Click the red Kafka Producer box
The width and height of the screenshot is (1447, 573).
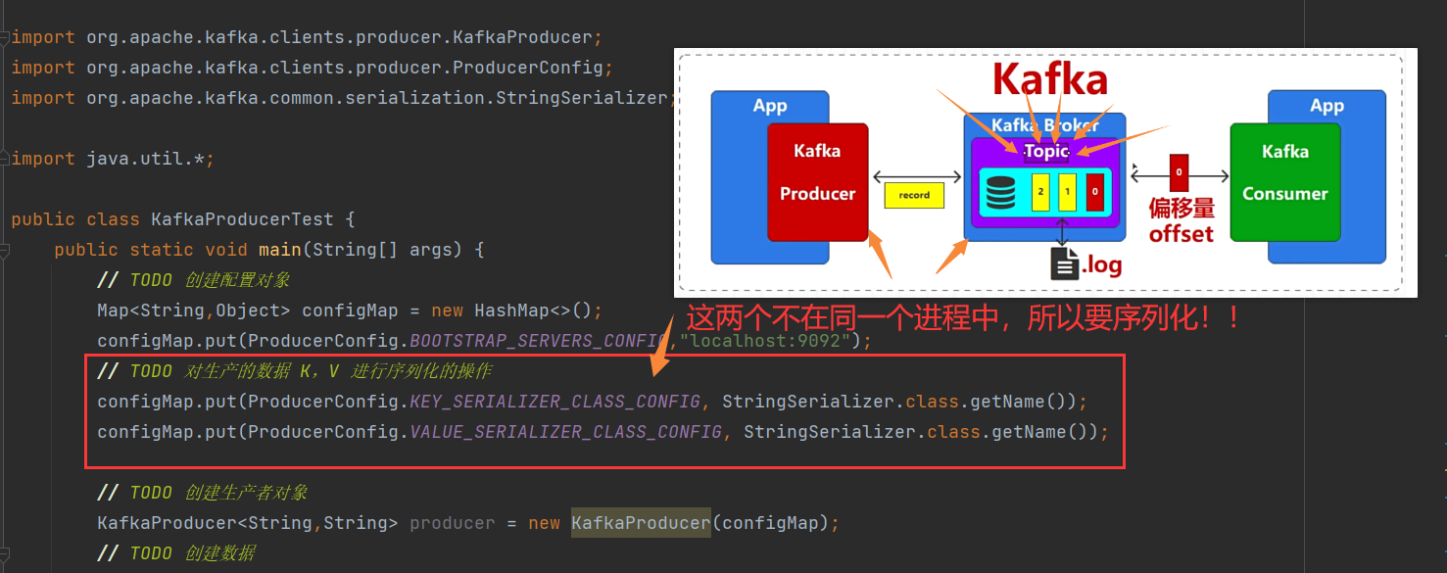[x=817, y=182]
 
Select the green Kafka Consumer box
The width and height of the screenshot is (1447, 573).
[x=1284, y=182]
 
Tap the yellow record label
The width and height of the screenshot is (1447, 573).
[x=913, y=195]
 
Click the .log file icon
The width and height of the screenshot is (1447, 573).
[x=1064, y=263]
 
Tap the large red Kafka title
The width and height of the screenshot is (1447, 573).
[x=1049, y=80]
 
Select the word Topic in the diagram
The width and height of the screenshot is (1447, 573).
[x=1046, y=152]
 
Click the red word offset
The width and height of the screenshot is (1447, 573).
[x=1181, y=234]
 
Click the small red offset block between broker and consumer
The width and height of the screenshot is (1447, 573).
[x=1179, y=172]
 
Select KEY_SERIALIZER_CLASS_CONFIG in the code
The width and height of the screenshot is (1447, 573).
[x=555, y=402]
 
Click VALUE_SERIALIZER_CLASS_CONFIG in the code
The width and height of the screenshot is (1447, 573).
[x=565, y=432]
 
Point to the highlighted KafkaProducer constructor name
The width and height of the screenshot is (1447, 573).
[x=641, y=523]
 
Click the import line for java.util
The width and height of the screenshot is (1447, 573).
[x=112, y=159]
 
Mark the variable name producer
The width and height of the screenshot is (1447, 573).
[x=452, y=523]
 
